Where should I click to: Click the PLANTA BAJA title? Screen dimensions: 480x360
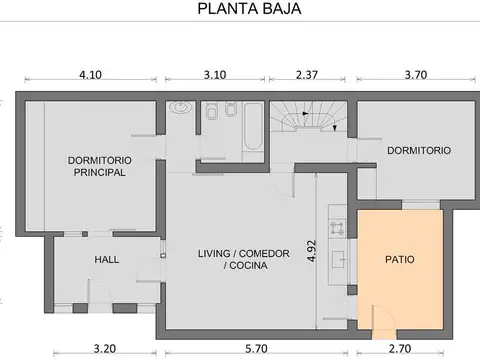[249, 9]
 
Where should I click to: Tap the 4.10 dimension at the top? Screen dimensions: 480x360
[90, 75]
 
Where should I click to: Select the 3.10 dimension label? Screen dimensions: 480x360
[215, 75]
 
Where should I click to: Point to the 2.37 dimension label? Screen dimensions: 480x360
[307, 75]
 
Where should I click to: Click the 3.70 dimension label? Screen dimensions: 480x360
[416, 75]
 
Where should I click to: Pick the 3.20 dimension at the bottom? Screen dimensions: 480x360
[105, 349]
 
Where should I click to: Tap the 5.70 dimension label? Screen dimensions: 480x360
[256, 349]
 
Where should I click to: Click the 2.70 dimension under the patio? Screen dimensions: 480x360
[400, 349]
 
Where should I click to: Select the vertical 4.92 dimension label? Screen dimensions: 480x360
[311, 251]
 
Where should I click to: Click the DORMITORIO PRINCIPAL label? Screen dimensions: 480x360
[100, 166]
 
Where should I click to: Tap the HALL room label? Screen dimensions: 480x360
[107, 260]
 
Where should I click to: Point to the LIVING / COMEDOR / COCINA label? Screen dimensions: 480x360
[244, 259]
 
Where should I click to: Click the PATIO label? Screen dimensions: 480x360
[400, 259]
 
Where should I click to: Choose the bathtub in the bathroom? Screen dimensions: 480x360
[253, 127]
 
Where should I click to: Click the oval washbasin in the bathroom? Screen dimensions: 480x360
[180, 107]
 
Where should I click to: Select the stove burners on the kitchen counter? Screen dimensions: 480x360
[337, 228]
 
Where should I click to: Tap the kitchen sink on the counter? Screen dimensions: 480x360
[339, 260]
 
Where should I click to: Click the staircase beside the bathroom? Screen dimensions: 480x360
[308, 116]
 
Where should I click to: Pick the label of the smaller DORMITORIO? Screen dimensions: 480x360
[419, 150]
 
